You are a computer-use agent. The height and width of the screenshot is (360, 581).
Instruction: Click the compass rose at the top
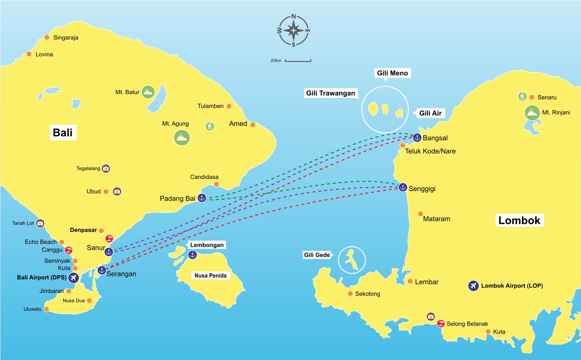[294, 31]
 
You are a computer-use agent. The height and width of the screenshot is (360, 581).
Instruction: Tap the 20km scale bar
[298, 61]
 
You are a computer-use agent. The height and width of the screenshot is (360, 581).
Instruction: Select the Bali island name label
[63, 133]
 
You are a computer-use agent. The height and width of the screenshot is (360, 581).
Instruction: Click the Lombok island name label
[519, 221]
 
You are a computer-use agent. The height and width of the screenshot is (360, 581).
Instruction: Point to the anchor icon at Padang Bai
[202, 198]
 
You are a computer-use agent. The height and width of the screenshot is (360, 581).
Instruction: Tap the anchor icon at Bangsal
[417, 137]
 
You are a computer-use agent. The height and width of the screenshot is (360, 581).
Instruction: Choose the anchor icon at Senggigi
[403, 187]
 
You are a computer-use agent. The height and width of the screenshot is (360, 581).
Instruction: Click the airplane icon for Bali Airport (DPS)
[74, 278]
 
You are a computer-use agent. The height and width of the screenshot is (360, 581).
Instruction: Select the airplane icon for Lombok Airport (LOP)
[473, 286]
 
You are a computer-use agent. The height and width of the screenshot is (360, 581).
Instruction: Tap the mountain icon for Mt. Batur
[148, 92]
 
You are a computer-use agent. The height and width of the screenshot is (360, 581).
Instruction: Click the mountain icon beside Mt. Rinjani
[532, 113]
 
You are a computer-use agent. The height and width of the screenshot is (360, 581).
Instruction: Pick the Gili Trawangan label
[331, 93]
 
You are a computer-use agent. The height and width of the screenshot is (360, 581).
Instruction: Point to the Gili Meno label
[392, 73]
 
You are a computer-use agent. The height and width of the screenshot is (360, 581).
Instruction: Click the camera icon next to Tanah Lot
[40, 223]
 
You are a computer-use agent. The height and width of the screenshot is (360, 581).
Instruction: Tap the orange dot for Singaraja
[47, 37]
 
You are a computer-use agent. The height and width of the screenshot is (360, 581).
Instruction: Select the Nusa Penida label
[211, 275]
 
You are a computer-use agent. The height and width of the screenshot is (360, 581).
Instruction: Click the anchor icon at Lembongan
[192, 255]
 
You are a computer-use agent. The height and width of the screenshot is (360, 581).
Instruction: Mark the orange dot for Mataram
[420, 214]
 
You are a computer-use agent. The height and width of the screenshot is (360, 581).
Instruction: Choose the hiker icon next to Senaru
[522, 96]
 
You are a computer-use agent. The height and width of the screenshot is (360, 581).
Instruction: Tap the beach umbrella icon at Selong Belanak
[441, 324]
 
